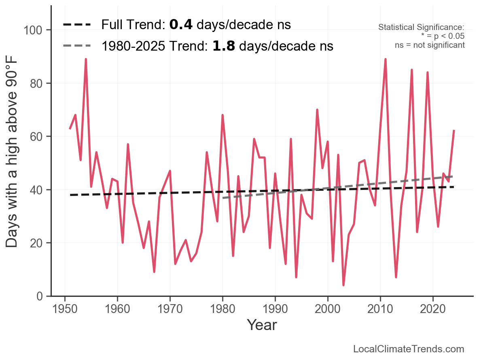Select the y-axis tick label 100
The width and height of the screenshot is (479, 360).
[x=36, y=30]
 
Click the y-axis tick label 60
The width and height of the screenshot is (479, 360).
[x=39, y=137]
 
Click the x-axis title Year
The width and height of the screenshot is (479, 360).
[x=262, y=325]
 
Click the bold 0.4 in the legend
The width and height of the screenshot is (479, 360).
[x=180, y=25]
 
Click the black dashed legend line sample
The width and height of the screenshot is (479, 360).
[x=77, y=25]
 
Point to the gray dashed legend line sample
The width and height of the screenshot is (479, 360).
[x=77, y=46]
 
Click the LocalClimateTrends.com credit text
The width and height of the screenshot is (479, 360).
[x=409, y=349]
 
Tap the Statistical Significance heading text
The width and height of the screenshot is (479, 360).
[x=421, y=28]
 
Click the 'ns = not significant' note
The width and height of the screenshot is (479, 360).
[x=430, y=45]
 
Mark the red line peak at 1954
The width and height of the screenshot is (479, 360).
[x=86, y=59]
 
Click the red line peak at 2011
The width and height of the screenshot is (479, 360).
[x=386, y=59]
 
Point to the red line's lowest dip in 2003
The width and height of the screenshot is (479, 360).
[x=343, y=285]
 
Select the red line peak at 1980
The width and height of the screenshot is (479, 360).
[x=223, y=115]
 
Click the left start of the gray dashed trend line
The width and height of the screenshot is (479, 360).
[x=223, y=198]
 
